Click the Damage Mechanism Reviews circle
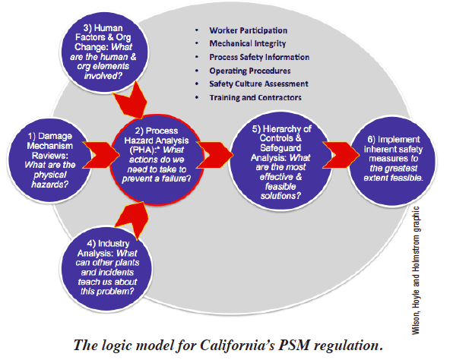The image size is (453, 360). (x=49, y=159)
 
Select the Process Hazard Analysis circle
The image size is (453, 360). (x=157, y=159)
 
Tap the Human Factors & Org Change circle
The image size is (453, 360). (x=103, y=52)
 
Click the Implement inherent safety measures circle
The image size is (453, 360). (x=393, y=160)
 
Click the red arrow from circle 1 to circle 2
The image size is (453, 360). (x=101, y=155)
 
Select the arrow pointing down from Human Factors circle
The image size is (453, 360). (x=131, y=100)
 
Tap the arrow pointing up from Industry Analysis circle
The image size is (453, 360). (x=132, y=219)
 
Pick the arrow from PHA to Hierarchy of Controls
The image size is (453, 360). (x=214, y=155)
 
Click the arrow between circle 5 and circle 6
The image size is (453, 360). (x=341, y=155)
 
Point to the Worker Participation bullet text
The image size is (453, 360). (x=249, y=30)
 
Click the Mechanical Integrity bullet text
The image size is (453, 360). (x=248, y=43)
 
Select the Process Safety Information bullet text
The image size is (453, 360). (x=259, y=57)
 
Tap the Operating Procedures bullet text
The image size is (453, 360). (x=250, y=71)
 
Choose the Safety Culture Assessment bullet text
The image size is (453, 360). (x=259, y=84)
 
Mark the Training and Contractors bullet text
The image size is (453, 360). (x=255, y=97)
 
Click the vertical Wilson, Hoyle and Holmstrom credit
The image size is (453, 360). (x=416, y=270)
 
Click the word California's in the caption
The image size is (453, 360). (x=237, y=346)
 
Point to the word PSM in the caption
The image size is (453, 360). (x=294, y=346)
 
